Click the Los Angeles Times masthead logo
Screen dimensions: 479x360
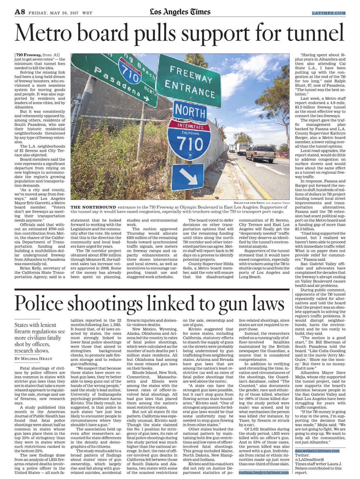pos(180,12)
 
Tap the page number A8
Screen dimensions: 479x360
pos(20,12)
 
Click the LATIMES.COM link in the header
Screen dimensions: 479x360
pos(329,13)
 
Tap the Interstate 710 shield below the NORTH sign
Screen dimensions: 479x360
pos(189,141)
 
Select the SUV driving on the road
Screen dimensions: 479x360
pos(260,153)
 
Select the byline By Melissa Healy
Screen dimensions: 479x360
pos(33,359)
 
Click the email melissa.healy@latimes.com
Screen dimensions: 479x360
pos(264,472)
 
